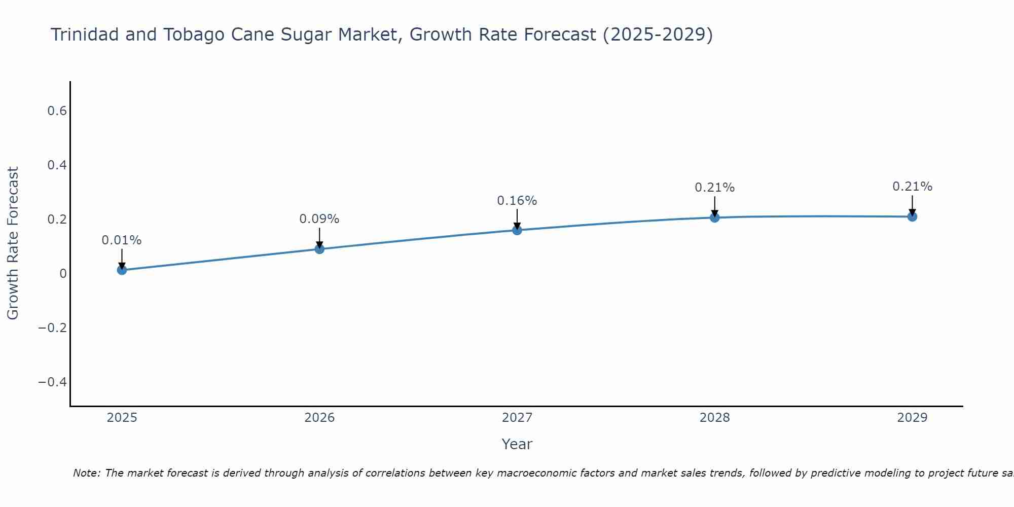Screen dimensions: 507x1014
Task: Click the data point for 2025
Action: point(122,270)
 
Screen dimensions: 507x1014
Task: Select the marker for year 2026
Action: point(319,249)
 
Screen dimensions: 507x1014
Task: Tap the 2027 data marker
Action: point(517,230)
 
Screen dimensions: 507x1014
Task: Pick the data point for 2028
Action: point(714,218)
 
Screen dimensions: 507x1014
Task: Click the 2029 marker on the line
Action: point(912,216)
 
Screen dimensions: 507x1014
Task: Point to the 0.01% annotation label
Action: point(122,240)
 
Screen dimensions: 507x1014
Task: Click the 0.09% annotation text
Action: point(319,219)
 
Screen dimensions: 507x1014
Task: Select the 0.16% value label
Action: point(517,201)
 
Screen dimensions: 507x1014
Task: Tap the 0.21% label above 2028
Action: point(714,188)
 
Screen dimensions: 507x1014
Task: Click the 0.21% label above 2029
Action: point(912,187)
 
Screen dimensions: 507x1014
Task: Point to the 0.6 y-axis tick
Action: point(57,111)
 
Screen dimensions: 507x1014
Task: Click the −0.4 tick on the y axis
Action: point(53,382)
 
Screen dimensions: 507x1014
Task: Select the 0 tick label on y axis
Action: point(63,274)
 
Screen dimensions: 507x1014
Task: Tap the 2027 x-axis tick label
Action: point(517,418)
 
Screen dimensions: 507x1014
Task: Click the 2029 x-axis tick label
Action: point(912,418)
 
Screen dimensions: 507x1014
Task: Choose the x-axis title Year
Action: point(517,444)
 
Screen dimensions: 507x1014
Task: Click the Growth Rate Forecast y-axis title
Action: point(13,243)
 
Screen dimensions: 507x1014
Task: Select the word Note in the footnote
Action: point(86,473)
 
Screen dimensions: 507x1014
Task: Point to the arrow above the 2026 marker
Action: point(319,237)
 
